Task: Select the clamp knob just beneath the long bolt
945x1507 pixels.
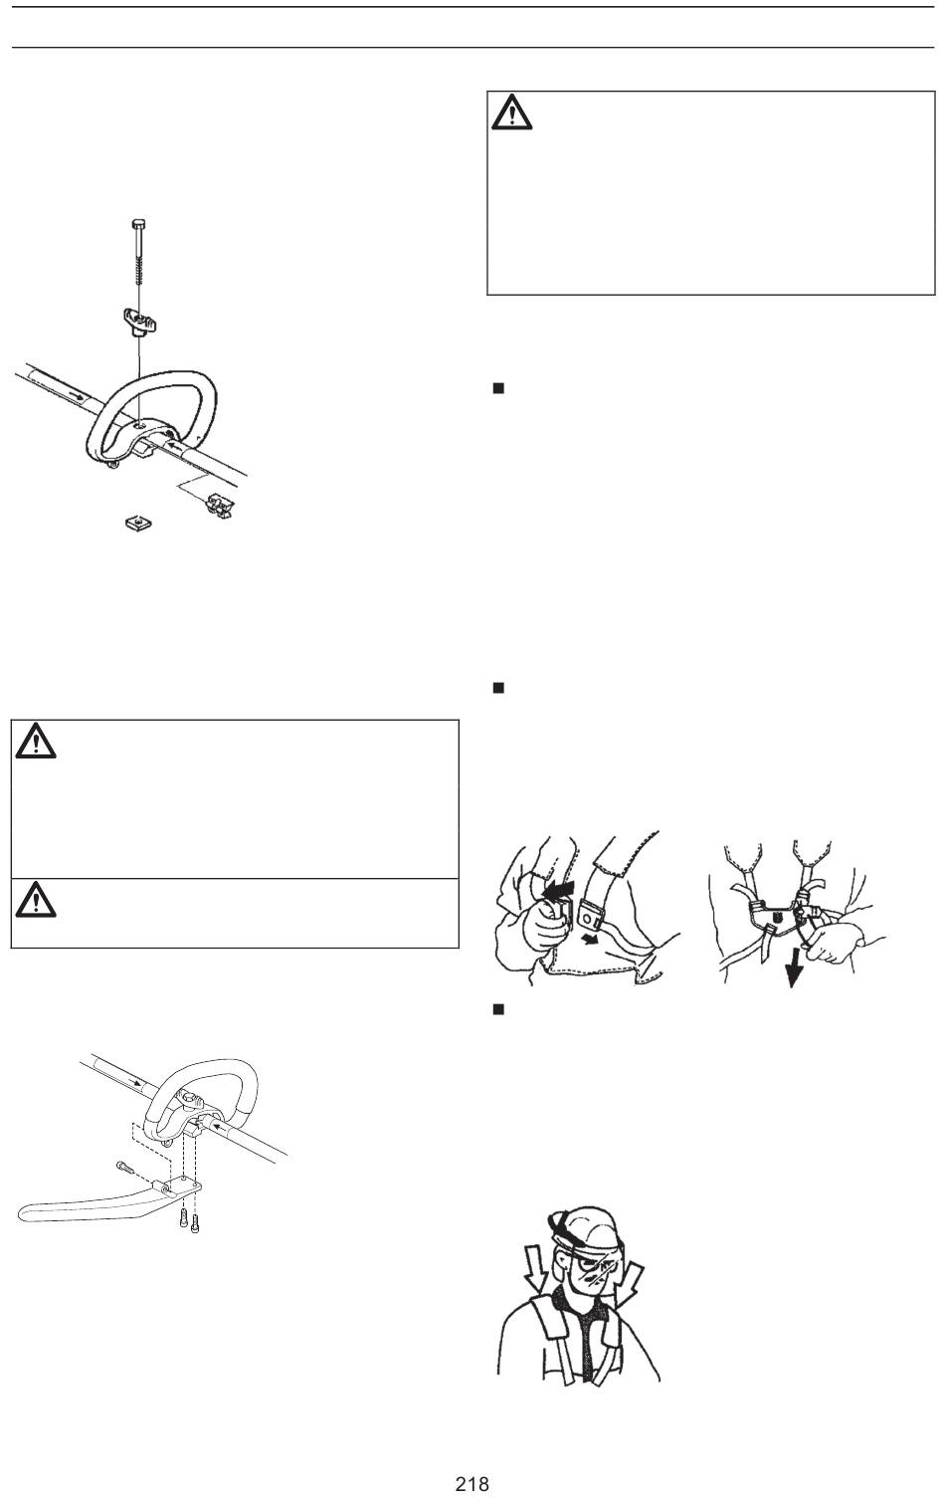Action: coord(140,321)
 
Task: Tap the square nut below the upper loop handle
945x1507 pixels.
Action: coord(138,522)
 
